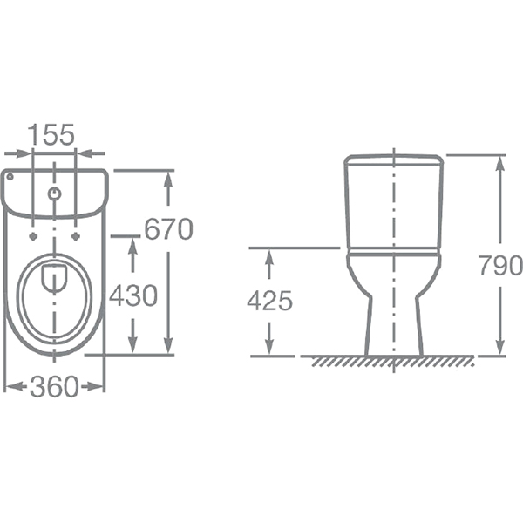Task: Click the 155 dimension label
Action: click(51, 134)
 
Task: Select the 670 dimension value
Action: click(169, 228)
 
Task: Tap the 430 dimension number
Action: click(133, 295)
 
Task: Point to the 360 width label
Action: click(54, 386)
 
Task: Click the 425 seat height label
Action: click(269, 301)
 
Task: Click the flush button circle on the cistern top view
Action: click(54, 194)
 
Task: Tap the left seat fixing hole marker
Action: click(33, 236)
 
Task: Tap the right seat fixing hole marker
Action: click(76, 236)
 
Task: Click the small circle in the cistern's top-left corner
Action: click(10, 177)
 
